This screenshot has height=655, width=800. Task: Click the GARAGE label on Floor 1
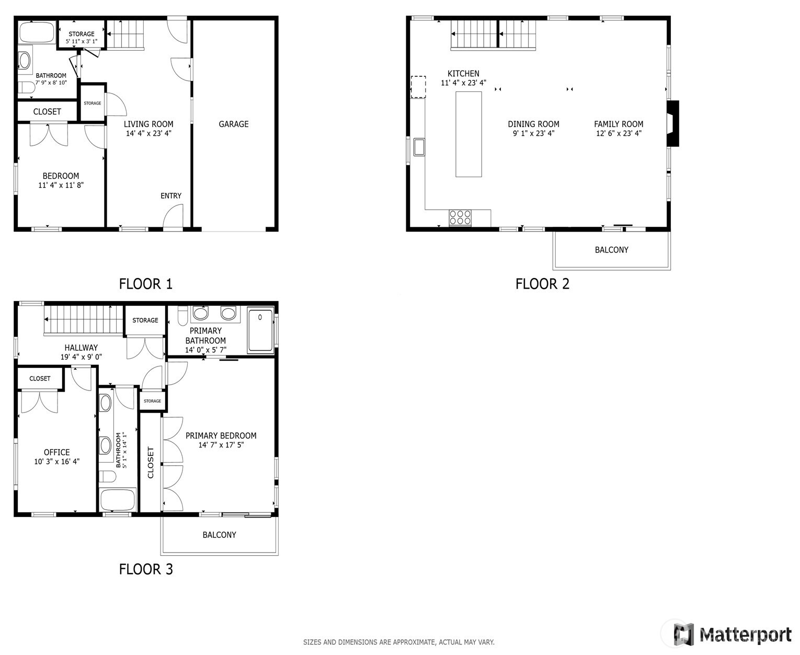[x=233, y=124]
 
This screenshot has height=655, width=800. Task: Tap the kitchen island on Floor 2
[x=468, y=134]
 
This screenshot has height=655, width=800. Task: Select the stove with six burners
[x=460, y=217]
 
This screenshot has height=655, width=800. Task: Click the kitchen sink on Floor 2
[x=419, y=147]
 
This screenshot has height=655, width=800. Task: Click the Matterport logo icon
[x=683, y=635]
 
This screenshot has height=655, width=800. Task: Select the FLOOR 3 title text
[x=146, y=569]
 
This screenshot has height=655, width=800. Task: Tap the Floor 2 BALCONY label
[x=611, y=250]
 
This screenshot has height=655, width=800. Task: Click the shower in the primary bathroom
[x=260, y=330]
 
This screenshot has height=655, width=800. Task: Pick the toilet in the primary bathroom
[x=182, y=316]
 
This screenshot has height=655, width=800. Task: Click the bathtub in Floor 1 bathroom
[x=37, y=33]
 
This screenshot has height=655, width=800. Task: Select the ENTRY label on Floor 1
[x=171, y=196]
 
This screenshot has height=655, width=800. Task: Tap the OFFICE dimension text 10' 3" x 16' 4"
[x=56, y=462]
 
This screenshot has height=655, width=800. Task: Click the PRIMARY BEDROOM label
[x=221, y=435]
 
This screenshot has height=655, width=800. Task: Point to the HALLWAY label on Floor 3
[x=81, y=348]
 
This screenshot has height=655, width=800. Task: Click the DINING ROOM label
[x=533, y=124]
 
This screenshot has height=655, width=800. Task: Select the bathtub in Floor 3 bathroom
[x=118, y=500]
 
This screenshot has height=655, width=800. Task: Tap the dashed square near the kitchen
[x=418, y=87]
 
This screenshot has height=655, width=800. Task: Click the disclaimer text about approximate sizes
[x=398, y=642]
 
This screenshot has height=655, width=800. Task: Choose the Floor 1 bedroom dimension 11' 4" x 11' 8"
[x=61, y=185]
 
